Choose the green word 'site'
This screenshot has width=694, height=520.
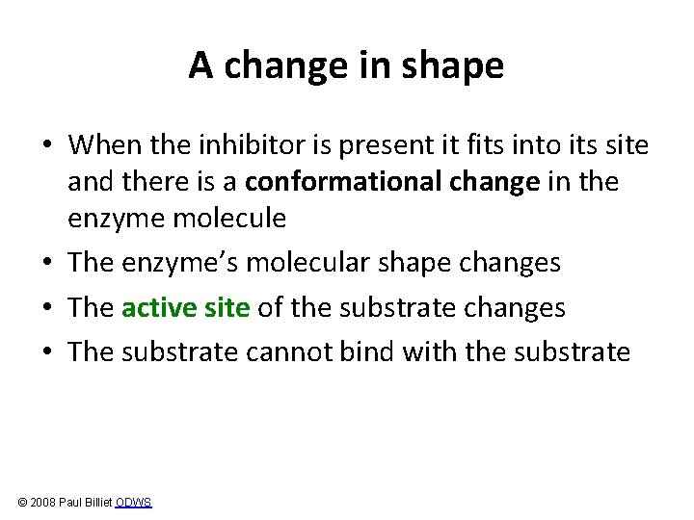pos(227,307)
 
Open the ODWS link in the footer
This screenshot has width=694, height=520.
pos(133,503)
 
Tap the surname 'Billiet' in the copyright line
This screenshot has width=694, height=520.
pos(96,503)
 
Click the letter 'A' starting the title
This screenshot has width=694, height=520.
pos(200,65)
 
